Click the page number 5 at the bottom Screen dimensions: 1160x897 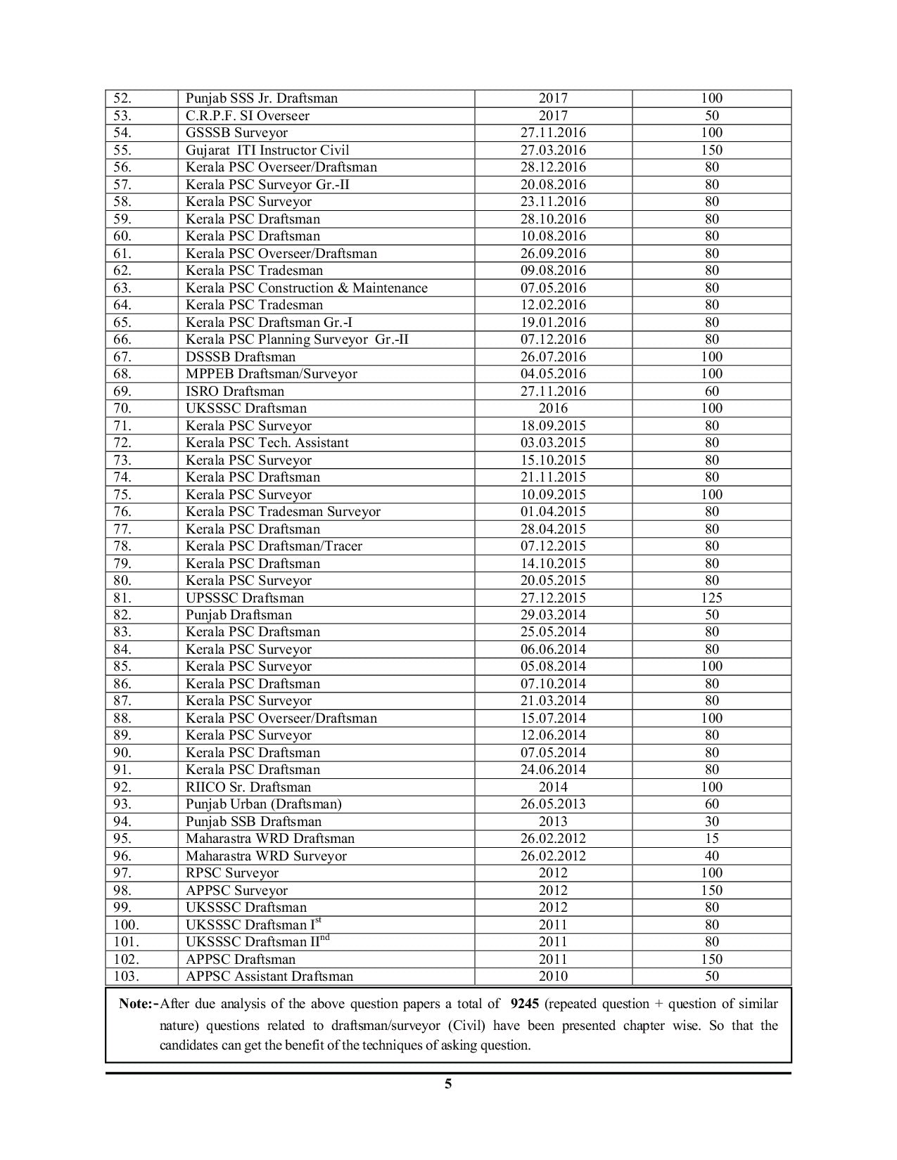tap(448, 1084)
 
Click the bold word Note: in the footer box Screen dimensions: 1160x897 tap(138, 1004)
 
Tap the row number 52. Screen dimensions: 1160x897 tap(122, 98)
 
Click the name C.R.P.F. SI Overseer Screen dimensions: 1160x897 tap(247, 115)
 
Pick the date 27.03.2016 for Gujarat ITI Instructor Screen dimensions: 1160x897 tap(553, 150)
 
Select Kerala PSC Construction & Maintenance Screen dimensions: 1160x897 tap(306, 288)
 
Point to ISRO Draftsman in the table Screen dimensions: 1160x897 tap(235, 391)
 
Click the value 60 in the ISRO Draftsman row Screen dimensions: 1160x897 tap(712, 391)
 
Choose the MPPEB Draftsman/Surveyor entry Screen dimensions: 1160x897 tap(271, 374)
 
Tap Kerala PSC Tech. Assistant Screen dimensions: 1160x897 tap(267, 443)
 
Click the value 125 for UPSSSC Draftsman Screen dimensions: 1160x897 tap(712, 598)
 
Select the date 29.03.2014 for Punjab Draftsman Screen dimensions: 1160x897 tap(553, 614)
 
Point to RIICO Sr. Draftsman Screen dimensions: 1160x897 tap(248, 787)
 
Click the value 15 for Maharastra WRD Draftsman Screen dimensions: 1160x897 tap(712, 838)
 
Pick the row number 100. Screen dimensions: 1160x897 tap(127, 924)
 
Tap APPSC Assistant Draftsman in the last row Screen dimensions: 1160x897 tap(269, 976)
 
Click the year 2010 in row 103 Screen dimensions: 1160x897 tap(553, 976)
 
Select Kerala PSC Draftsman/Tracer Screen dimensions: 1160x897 tap(274, 546)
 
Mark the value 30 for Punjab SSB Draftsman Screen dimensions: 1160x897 tap(712, 821)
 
